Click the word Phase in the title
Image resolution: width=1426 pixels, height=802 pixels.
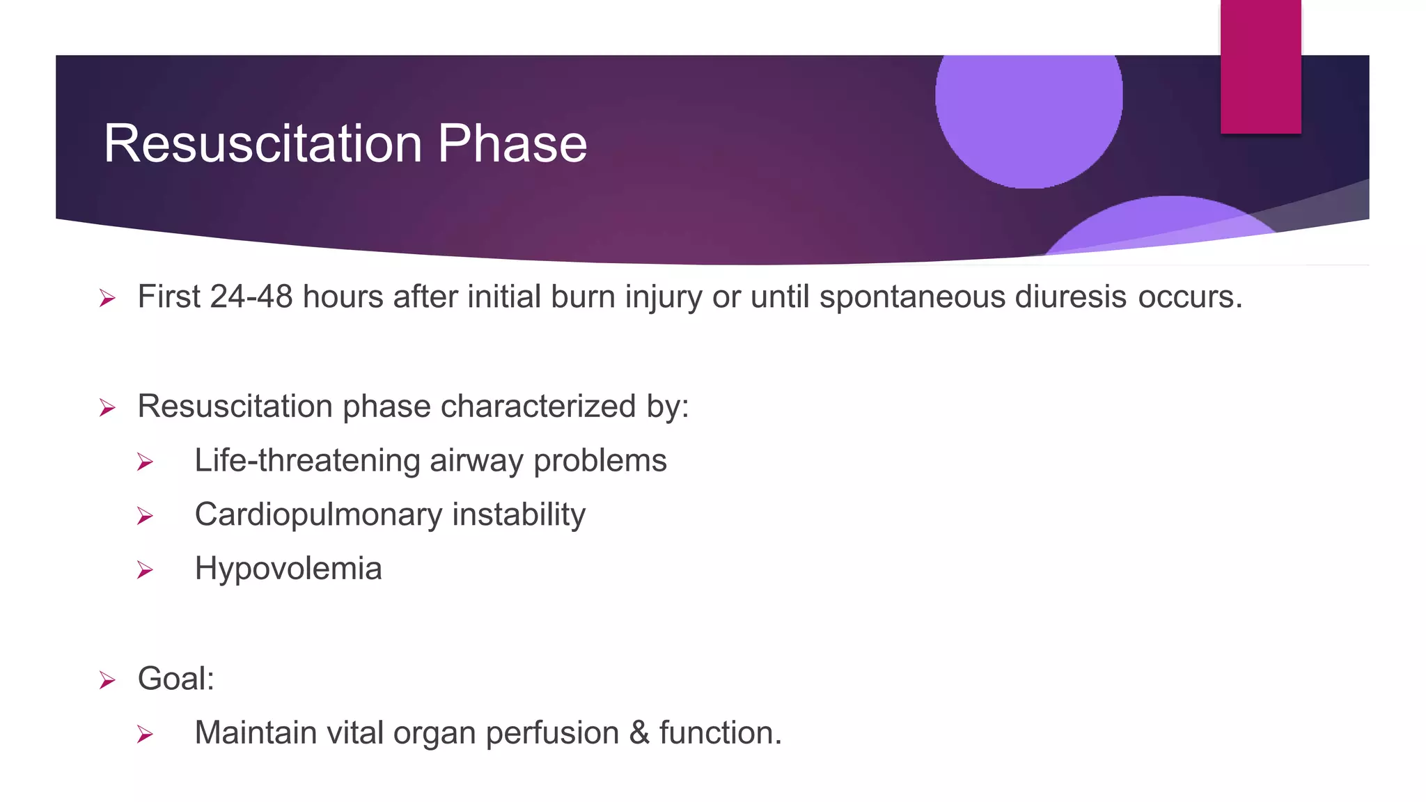tap(512, 144)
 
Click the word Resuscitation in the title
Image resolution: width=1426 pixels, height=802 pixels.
tap(263, 144)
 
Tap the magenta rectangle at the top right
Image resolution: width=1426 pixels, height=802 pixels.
tap(1260, 66)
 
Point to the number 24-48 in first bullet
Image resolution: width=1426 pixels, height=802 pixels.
tap(251, 297)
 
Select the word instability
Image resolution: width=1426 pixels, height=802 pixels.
tap(519, 515)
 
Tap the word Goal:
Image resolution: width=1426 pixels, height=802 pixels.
tap(176, 679)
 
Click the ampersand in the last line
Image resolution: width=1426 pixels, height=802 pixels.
tap(639, 733)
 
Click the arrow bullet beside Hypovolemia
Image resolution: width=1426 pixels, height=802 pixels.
tap(145, 570)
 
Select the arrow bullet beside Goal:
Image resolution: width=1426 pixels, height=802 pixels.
tap(107, 679)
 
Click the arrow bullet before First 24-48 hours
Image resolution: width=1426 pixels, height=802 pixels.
tap(107, 299)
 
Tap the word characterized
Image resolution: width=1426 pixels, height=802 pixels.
tap(538, 407)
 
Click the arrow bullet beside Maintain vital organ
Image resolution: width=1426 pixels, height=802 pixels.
tap(145, 734)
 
